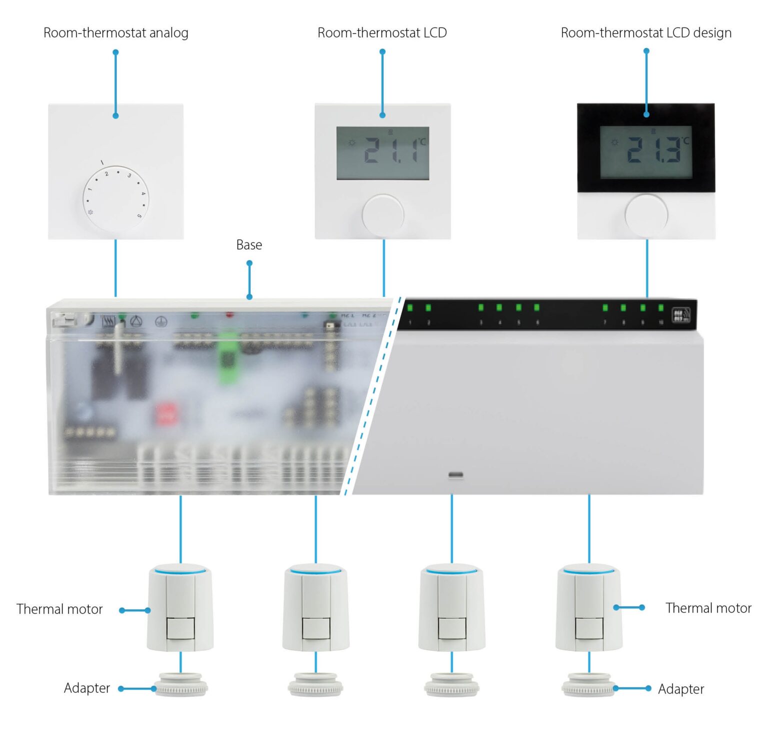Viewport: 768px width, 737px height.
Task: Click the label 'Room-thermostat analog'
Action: pos(115,33)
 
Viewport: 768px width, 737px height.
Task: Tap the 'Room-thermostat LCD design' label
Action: pos(645,33)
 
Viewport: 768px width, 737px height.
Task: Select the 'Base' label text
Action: pos(249,245)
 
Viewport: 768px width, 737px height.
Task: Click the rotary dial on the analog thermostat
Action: pos(115,198)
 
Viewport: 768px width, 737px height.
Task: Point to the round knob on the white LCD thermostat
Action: pos(382,215)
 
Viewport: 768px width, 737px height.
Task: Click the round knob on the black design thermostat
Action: pos(646,215)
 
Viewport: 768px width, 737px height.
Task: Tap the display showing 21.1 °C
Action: pos(382,153)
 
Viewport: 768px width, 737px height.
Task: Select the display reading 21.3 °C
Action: pos(646,152)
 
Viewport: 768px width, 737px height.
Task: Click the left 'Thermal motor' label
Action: pos(59,609)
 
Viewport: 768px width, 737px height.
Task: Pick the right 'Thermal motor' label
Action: pos(708,608)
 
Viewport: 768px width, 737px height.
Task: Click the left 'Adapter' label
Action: pos(87,688)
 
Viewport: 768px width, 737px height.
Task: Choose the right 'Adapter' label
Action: pos(680,689)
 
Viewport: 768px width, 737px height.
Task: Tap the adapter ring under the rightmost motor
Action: pos(589,685)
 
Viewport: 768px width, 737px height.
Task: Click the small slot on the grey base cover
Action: pos(455,474)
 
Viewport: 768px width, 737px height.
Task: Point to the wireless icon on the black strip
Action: pos(680,315)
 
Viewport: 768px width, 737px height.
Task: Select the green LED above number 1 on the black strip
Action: pos(410,307)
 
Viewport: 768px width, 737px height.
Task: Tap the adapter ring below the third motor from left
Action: pos(451,685)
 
